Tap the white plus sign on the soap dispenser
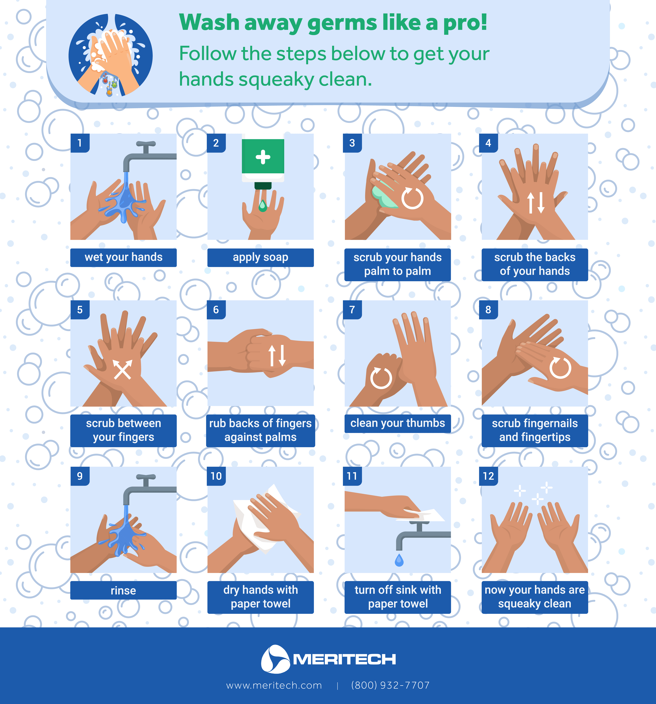coord(263,157)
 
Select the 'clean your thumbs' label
coord(397,423)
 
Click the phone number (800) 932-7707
coord(390,685)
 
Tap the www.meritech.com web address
coord(274,685)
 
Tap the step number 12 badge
coord(488,476)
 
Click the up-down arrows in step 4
coord(536,203)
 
